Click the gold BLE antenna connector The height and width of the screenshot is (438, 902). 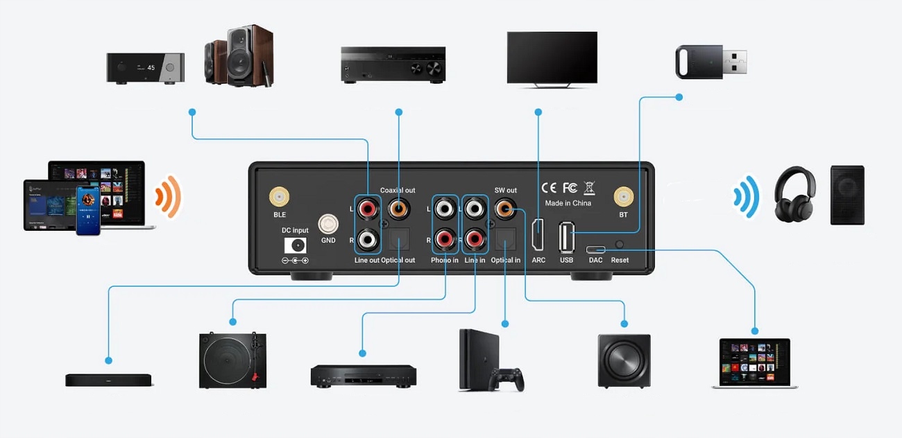(280, 198)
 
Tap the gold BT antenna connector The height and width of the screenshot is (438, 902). (623, 198)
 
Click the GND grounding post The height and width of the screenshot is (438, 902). (328, 225)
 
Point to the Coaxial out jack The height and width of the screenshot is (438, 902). (398, 207)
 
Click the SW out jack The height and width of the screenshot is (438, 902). (504, 207)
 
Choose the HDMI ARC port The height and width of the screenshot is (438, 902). (538, 234)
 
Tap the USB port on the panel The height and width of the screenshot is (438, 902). (567, 236)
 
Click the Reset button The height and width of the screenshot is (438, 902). (620, 245)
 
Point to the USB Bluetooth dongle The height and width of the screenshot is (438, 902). (710, 62)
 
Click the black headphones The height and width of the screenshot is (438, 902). (794, 195)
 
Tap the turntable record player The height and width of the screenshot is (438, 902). (232, 360)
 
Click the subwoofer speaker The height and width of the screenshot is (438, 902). (624, 360)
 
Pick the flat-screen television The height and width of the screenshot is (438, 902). (552, 58)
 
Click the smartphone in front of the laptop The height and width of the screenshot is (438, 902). (88, 210)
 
